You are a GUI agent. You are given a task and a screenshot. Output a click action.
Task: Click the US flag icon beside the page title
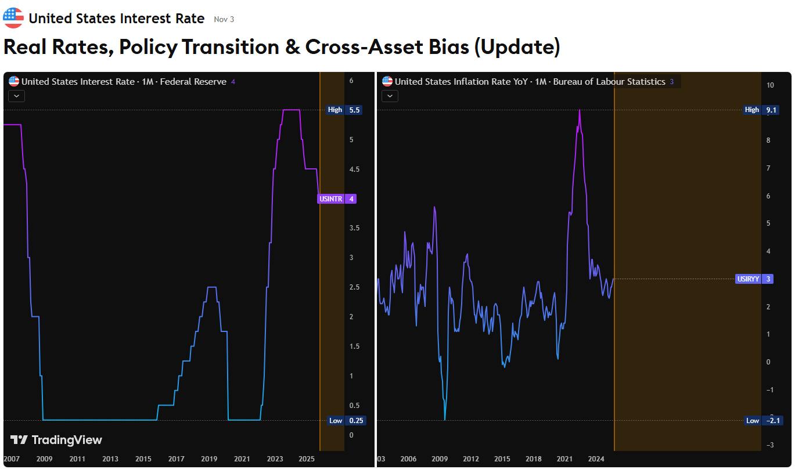13,18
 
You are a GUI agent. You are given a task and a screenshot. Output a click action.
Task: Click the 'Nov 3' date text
224,19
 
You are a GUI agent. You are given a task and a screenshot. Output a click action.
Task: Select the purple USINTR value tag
337,199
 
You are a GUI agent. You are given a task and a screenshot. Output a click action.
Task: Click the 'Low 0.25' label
346,421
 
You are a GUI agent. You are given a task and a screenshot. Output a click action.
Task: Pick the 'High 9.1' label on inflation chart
761,110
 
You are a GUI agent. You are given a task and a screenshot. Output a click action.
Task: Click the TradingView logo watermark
56,440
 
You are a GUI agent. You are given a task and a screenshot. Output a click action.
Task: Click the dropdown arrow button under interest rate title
16,96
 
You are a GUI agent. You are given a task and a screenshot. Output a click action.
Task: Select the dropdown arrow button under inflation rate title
390,96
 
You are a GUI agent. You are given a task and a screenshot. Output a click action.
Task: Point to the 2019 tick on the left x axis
209,459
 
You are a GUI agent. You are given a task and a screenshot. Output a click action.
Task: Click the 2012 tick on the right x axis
471,459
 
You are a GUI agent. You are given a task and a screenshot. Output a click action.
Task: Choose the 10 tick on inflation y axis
770,85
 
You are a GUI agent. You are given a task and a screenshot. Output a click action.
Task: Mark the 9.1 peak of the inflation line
580,110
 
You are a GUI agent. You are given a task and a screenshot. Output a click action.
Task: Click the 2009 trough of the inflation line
445,418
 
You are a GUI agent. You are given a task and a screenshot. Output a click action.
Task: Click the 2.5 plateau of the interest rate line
211,287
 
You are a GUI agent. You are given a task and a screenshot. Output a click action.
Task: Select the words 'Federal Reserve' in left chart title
193,82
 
